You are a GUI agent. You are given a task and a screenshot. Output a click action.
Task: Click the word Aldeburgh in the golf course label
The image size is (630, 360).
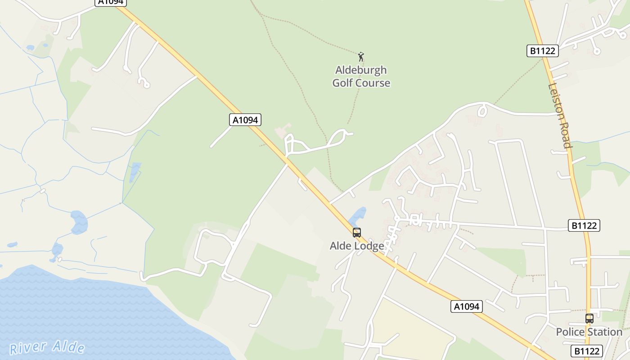click(361, 70)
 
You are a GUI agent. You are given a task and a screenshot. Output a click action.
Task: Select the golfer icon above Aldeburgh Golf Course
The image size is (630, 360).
click(360, 57)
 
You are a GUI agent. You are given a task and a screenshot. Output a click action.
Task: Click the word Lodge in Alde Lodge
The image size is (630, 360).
click(369, 246)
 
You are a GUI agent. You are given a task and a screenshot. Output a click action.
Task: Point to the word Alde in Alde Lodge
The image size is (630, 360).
click(340, 246)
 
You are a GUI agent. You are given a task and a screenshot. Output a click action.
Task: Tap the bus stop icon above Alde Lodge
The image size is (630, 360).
click(357, 233)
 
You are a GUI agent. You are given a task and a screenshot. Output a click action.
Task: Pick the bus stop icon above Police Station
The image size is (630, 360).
click(589, 319)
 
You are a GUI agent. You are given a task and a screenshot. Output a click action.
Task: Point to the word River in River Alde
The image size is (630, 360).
click(28, 347)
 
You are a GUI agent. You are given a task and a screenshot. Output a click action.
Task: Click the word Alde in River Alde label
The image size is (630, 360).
click(68, 346)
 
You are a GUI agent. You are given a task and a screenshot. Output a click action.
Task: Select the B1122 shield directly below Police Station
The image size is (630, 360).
click(587, 351)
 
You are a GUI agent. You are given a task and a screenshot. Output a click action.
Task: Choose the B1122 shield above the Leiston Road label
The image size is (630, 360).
click(542, 51)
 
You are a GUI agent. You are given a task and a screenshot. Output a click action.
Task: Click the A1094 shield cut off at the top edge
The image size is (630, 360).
click(111, 2)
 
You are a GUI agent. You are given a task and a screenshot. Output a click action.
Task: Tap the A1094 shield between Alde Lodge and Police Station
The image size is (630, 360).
click(467, 307)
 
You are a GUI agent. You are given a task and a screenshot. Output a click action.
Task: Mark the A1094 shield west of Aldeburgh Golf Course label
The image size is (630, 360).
click(245, 120)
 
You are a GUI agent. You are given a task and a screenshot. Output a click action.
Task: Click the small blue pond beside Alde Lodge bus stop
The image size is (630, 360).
click(358, 216)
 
